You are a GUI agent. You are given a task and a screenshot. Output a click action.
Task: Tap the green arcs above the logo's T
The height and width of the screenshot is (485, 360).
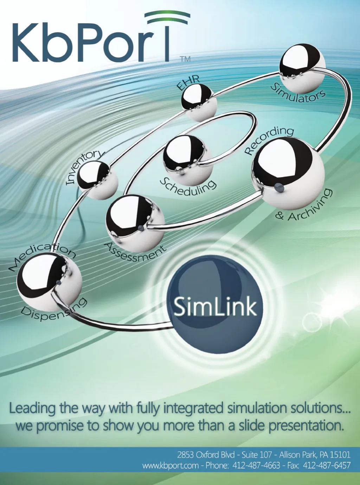point(167,15)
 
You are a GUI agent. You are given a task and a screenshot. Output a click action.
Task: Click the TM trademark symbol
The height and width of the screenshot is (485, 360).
point(185,59)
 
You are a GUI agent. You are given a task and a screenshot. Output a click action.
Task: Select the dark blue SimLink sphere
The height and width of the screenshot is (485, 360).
point(215,304)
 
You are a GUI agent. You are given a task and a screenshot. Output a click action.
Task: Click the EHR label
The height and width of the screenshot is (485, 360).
point(188,82)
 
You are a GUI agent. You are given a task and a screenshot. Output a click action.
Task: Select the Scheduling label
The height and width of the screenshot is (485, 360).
point(188,186)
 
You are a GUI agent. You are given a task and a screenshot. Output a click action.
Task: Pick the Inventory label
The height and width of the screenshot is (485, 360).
point(85,167)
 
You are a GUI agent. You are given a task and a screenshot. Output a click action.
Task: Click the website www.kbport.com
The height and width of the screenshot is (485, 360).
point(171,466)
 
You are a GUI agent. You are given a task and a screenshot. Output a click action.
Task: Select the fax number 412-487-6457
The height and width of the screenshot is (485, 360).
point(327,466)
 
